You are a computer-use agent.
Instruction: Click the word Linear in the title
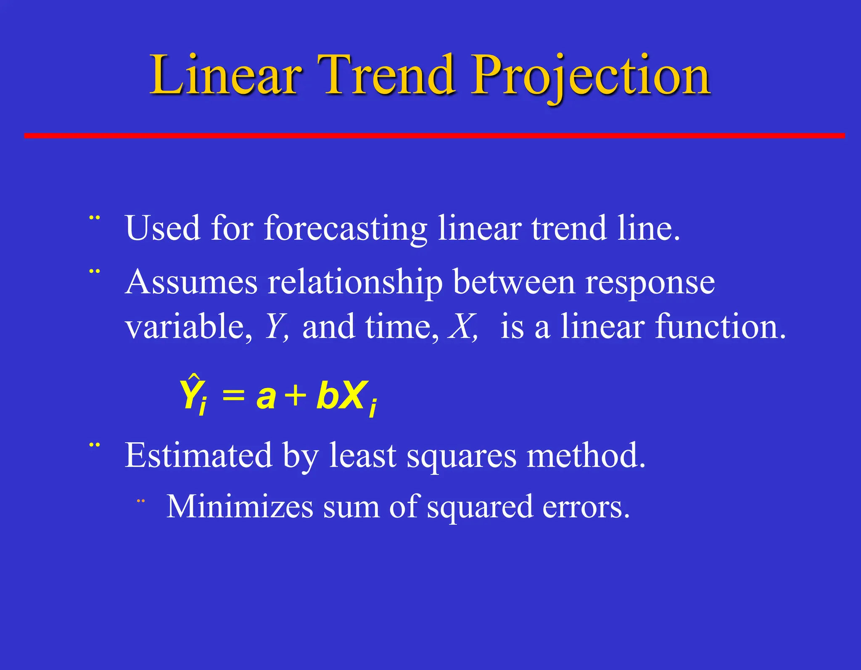pyautogui.click(x=225, y=76)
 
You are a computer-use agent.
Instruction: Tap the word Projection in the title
pyautogui.click(x=591, y=76)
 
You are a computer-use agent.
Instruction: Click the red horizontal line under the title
pyautogui.click(x=434, y=135)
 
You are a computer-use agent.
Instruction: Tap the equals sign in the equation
pyautogui.click(x=233, y=396)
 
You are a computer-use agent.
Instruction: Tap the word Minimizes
pyautogui.click(x=240, y=507)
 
